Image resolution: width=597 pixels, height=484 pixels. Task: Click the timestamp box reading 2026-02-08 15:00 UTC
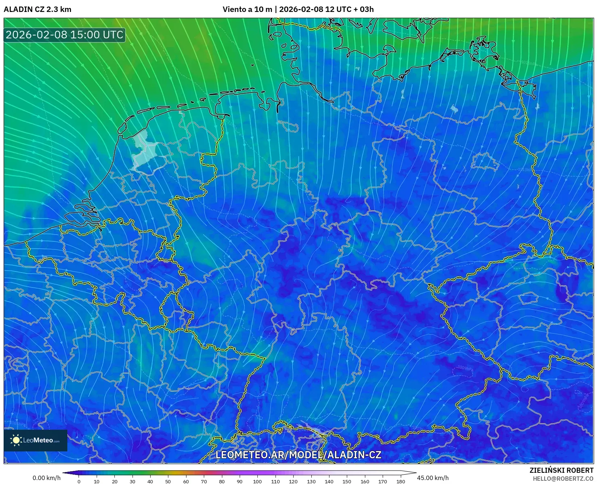pos(64,35)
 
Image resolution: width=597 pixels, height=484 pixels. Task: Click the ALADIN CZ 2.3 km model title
pos(37,9)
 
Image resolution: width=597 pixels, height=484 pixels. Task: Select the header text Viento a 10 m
pos(247,9)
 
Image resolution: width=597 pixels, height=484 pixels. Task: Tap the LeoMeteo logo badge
pos(35,440)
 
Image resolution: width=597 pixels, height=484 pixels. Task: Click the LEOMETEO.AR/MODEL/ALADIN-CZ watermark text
pos(298,455)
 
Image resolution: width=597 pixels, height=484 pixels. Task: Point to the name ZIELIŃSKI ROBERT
pos(561,470)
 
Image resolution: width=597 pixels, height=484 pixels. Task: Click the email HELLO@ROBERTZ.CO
pos(563,479)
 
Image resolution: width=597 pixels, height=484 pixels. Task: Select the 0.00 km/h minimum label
pos(46,478)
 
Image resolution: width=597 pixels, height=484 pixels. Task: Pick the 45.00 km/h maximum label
pos(433,478)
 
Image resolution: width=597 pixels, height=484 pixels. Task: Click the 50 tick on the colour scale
pos(168,481)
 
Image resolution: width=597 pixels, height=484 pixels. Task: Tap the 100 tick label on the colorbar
pos(257,481)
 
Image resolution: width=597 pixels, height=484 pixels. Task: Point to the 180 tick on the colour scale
pos(400,481)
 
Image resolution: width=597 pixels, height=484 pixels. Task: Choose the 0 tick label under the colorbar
pos(79,481)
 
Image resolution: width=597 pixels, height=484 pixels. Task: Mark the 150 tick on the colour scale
pos(347,481)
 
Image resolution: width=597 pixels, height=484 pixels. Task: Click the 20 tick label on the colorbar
pos(114,481)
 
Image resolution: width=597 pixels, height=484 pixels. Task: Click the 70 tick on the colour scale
pos(204,481)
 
